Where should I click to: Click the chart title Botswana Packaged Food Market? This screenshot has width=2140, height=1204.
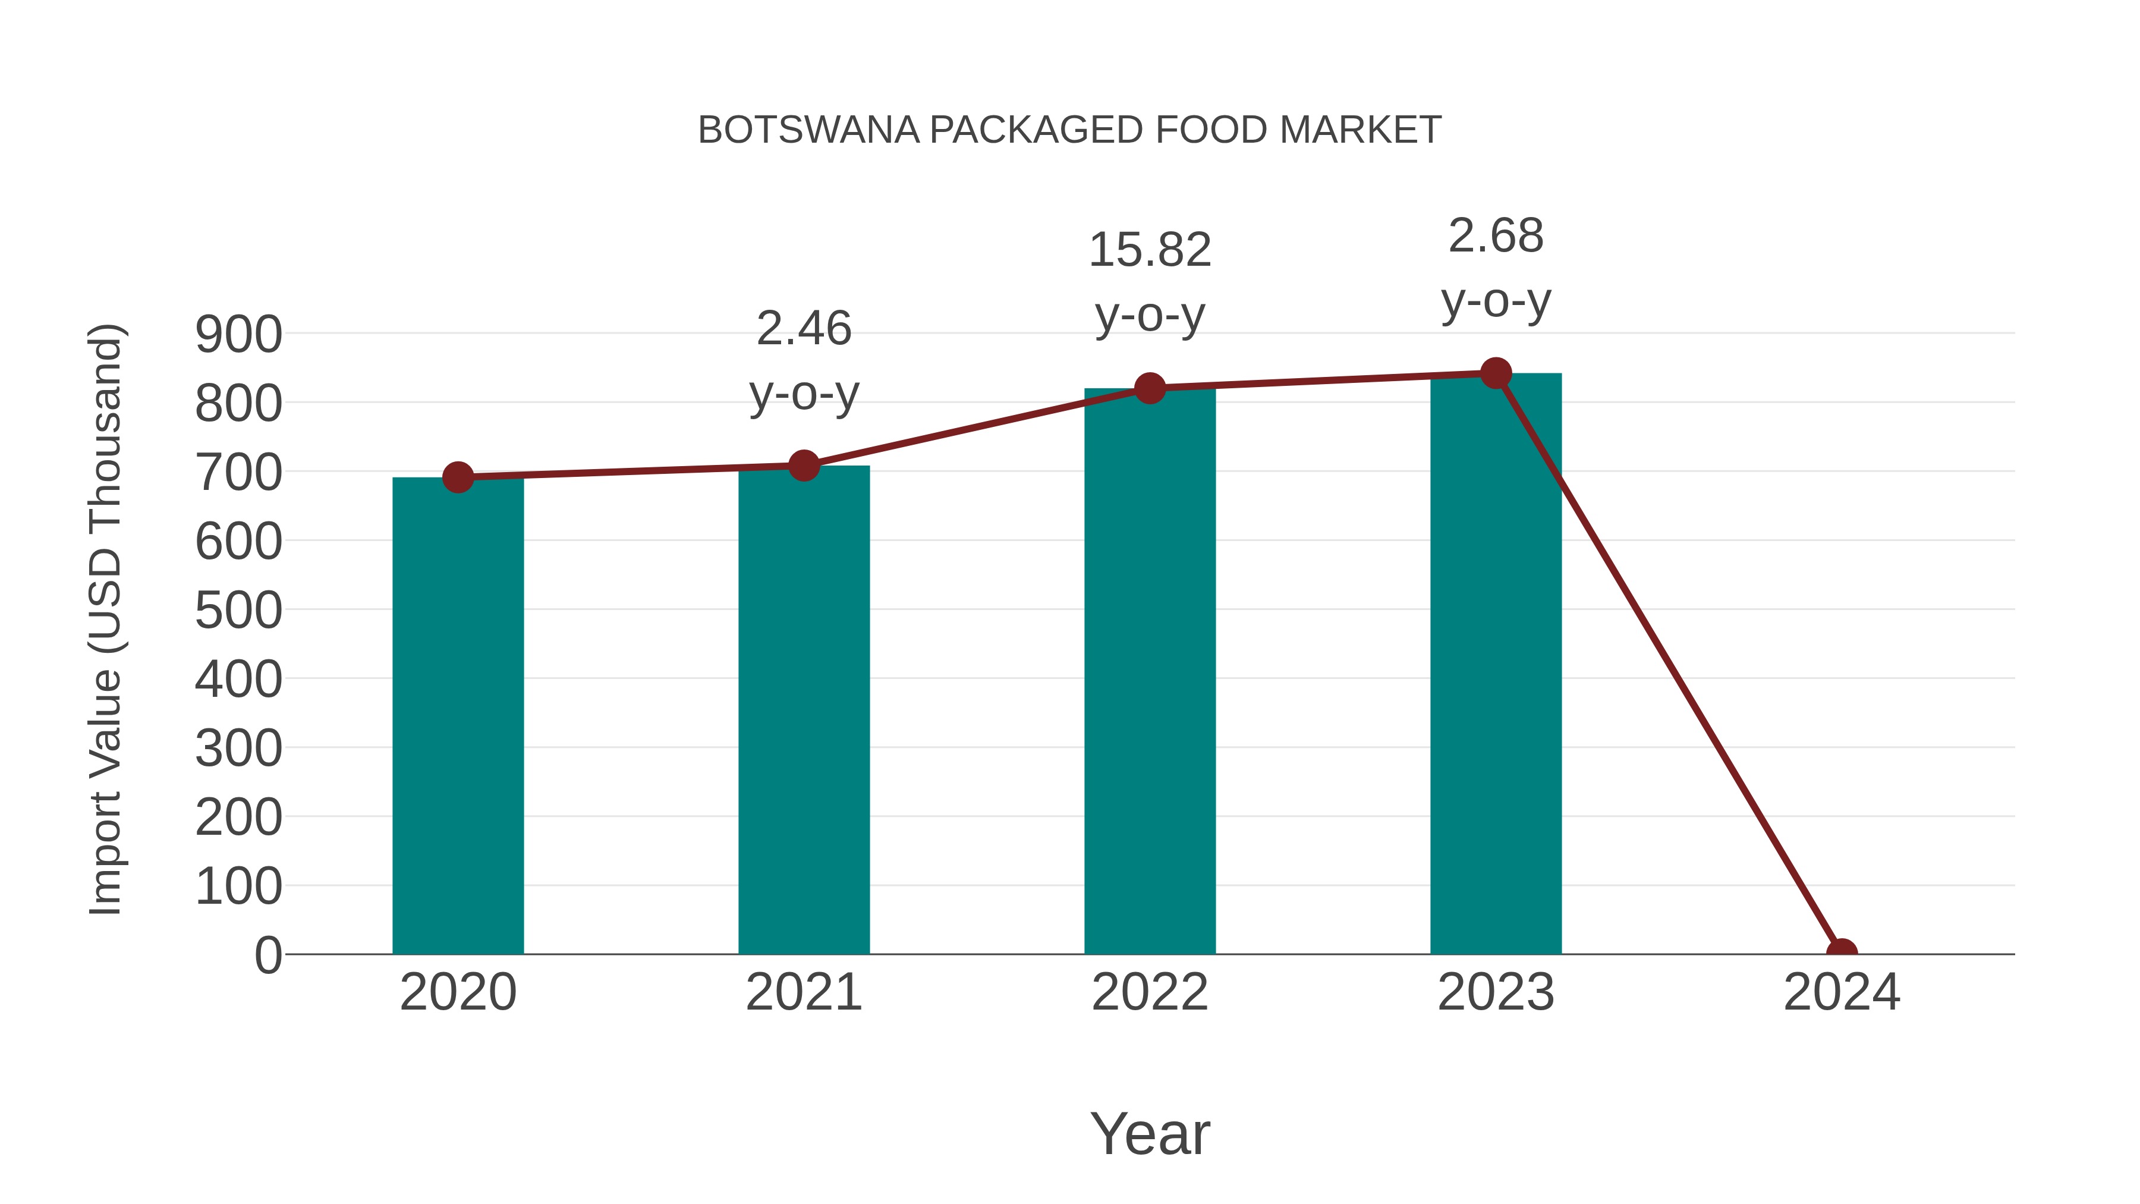(1069, 130)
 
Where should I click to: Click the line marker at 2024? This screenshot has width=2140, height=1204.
(1842, 952)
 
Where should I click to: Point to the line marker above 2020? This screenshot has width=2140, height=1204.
(458, 477)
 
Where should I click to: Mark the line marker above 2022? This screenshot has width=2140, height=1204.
(1150, 388)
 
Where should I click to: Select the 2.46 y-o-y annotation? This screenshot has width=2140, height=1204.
(803, 361)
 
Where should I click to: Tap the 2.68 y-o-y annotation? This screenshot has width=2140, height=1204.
(1496, 268)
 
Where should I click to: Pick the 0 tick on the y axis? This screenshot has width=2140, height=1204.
(268, 955)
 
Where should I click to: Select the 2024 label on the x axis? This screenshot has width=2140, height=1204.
(1842, 992)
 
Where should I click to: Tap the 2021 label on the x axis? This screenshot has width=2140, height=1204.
(803, 992)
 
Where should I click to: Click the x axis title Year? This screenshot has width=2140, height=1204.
(1150, 1133)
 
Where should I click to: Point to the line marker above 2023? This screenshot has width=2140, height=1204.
(1496, 373)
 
